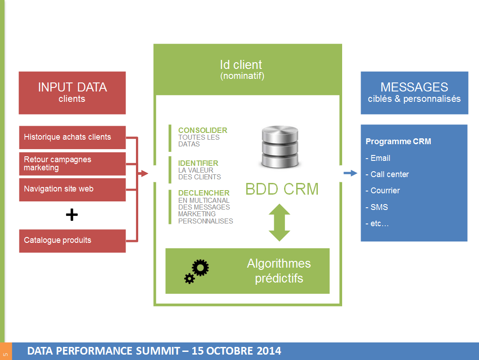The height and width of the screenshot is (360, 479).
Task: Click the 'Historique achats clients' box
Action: click(x=72, y=137)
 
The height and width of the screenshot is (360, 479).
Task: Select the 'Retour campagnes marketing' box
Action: click(x=72, y=164)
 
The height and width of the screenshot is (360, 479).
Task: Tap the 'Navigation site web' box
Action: click(x=72, y=189)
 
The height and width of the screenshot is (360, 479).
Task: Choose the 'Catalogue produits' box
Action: click(x=72, y=241)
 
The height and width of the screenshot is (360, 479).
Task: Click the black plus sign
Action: click(x=72, y=215)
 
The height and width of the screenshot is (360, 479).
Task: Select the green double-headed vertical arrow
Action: click(x=279, y=223)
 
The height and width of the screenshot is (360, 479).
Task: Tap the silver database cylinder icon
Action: click(x=280, y=147)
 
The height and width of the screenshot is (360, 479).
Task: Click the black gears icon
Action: click(x=197, y=272)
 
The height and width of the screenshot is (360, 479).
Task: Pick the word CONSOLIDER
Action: click(x=203, y=131)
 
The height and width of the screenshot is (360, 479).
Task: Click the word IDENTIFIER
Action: click(x=198, y=163)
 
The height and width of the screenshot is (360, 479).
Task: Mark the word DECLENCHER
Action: click(x=203, y=193)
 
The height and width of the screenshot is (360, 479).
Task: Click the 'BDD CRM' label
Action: click(x=282, y=189)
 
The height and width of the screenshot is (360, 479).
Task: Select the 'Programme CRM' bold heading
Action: click(x=398, y=141)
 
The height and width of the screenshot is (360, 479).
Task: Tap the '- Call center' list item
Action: click(x=387, y=174)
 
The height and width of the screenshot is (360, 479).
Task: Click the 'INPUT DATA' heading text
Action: click(x=72, y=87)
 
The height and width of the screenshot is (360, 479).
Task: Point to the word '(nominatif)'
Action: click(x=242, y=76)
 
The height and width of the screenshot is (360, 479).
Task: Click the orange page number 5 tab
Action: click(x=6, y=351)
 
